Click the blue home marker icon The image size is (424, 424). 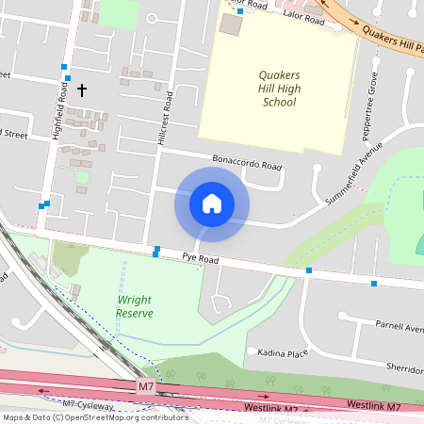point(212,204)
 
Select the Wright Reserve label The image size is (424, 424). point(135,306)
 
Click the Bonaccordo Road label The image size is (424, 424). point(247,163)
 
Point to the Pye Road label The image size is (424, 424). point(200,259)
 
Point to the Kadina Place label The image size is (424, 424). point(284,353)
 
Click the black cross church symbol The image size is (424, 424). point(82,90)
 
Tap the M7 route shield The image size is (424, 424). point(145,386)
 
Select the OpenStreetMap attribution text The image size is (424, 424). point(94,416)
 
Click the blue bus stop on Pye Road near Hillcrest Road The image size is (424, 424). point(155,253)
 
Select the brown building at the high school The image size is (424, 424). point(230,25)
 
